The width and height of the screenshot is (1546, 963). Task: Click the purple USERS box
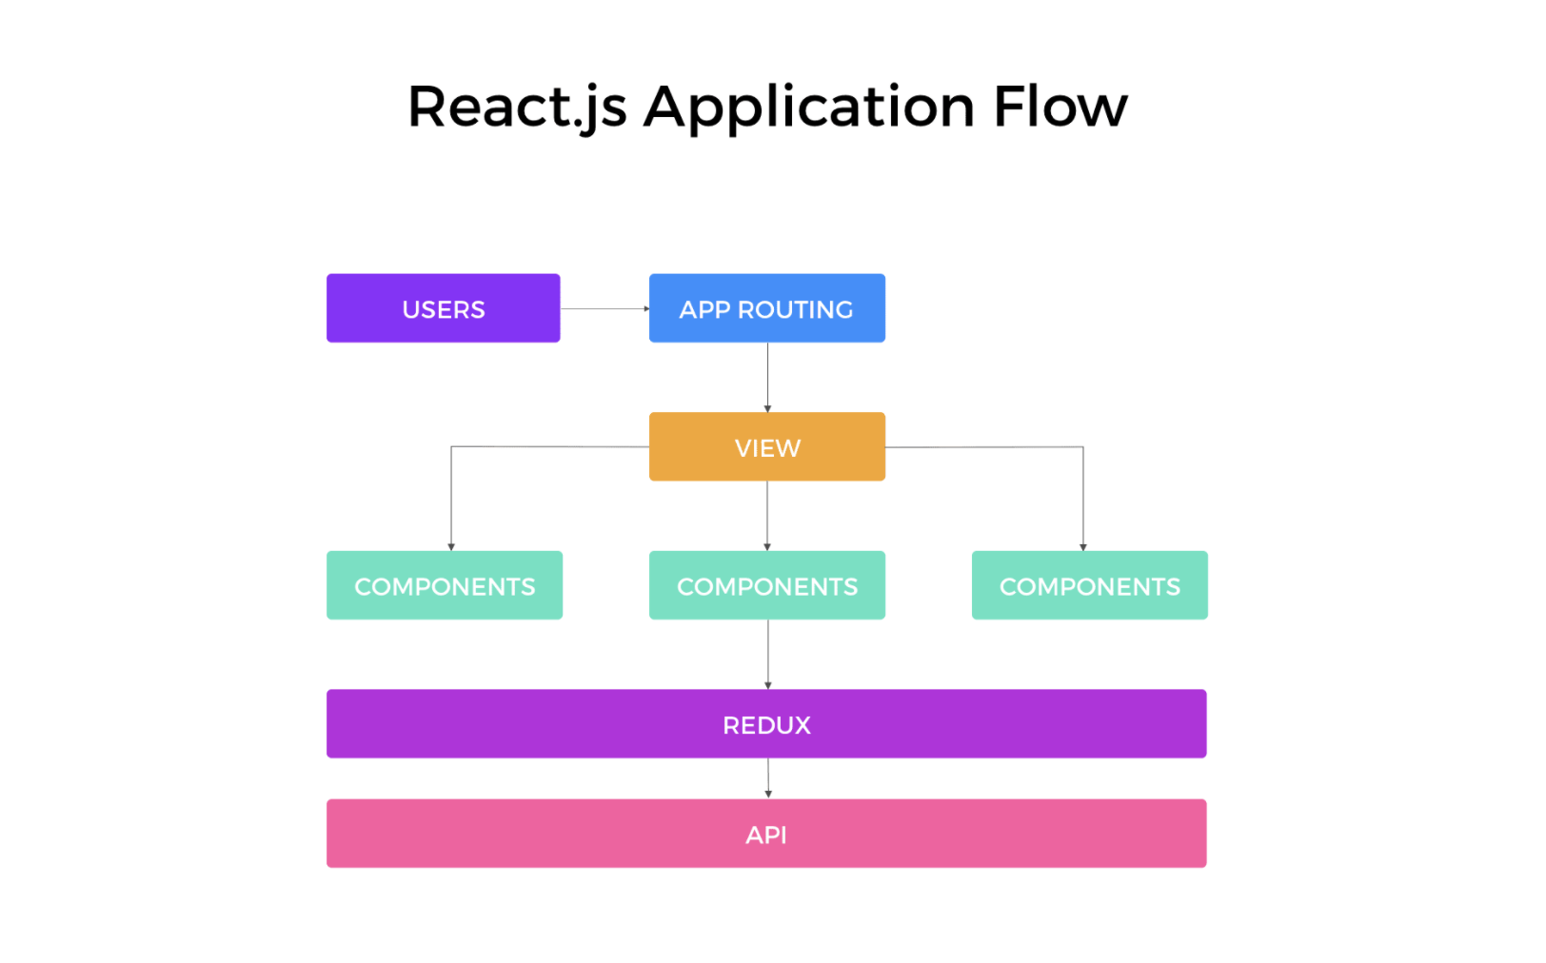click(x=443, y=307)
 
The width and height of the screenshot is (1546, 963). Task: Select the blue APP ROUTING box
click(x=766, y=307)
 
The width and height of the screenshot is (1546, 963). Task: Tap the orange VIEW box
click(x=766, y=446)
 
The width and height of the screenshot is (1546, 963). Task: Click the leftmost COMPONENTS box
click(x=445, y=585)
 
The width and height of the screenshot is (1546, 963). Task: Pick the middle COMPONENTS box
click(x=766, y=585)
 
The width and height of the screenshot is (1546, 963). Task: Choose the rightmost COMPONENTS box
click(x=1090, y=585)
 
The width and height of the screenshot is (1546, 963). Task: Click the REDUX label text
click(x=766, y=725)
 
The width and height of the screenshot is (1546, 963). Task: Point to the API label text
click(x=766, y=835)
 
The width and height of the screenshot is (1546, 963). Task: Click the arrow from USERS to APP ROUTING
click(x=605, y=308)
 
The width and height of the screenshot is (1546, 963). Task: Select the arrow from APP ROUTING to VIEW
click(x=767, y=378)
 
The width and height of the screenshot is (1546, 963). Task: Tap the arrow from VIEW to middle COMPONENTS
click(x=767, y=516)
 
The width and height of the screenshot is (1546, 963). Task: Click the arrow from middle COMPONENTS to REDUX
click(x=768, y=655)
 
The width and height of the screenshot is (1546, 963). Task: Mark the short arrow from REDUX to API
click(x=768, y=778)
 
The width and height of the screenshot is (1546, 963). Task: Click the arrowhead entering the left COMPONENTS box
click(x=451, y=547)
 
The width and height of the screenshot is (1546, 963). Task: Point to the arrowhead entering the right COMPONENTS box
click(x=1083, y=547)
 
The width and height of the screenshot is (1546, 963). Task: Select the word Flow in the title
click(x=1060, y=107)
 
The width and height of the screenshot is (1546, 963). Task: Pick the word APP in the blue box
click(x=704, y=309)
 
